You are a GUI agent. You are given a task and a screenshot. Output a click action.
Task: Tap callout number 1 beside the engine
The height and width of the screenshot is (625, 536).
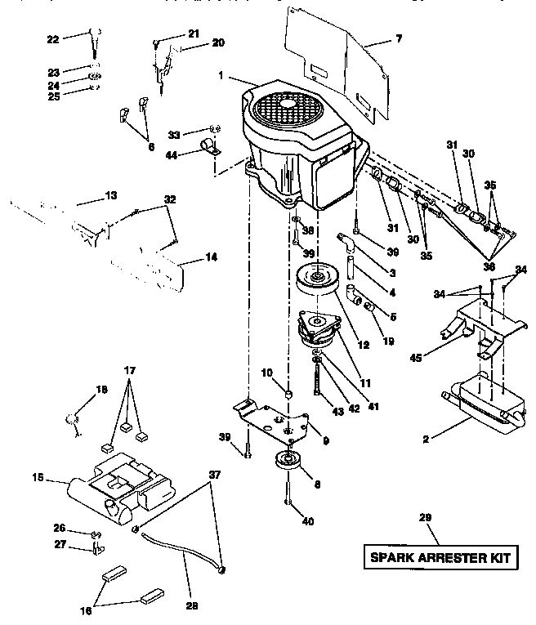coord(221,77)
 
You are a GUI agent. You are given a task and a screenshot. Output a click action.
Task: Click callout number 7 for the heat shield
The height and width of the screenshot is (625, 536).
coord(398,38)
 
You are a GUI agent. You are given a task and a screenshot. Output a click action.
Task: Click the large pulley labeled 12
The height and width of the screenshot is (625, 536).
coord(321,280)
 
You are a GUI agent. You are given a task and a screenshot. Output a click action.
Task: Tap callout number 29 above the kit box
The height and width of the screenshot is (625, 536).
coord(424,517)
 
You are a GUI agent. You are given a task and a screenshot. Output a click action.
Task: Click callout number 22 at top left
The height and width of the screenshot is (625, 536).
coord(53,38)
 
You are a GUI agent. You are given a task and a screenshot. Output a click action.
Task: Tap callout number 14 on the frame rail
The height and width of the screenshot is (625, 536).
coord(211,257)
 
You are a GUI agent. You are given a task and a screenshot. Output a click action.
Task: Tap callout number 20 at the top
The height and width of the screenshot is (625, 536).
coord(195,42)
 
